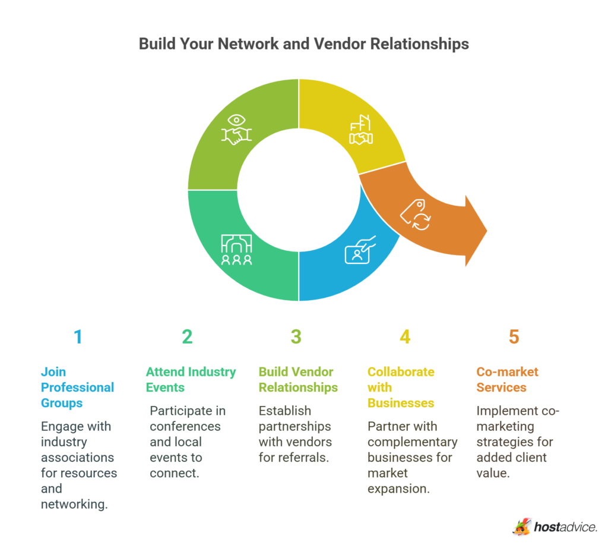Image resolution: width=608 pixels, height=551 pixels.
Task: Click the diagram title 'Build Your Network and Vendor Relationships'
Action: click(303, 44)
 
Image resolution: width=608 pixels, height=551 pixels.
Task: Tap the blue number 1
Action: click(78, 337)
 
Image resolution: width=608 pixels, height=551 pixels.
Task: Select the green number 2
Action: click(187, 337)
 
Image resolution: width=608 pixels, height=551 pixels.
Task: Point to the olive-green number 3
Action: click(296, 337)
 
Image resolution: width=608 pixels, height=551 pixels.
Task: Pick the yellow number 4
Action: click(405, 337)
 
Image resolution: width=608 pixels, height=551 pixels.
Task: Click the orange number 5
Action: click(514, 337)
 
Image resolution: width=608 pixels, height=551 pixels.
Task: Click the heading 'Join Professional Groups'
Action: click(77, 388)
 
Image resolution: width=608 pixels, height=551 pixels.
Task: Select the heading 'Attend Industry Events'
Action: click(191, 380)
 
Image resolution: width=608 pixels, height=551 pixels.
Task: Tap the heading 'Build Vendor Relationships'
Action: click(298, 380)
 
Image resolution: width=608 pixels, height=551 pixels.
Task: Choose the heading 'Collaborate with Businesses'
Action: click(401, 388)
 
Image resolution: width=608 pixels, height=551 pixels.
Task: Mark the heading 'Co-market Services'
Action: click(507, 380)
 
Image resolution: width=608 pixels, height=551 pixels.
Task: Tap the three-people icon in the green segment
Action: click(236, 250)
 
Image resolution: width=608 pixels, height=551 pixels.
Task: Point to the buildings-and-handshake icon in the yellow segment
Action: click(360, 131)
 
